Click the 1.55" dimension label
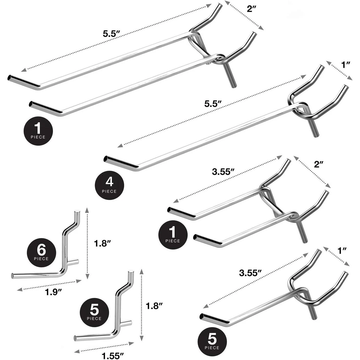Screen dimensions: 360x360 [x=113, y=356]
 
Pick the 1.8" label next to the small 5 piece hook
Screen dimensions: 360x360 [x=154, y=306]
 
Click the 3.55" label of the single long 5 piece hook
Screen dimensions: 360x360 [x=250, y=273]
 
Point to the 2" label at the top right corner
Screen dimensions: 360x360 [x=251, y=9]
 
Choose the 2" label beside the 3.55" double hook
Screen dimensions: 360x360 [x=319, y=164]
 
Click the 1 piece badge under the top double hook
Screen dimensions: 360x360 [x=38, y=131]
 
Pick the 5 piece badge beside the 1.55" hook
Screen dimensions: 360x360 [x=94, y=312]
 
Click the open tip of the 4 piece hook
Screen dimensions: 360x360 [x=105, y=159]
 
